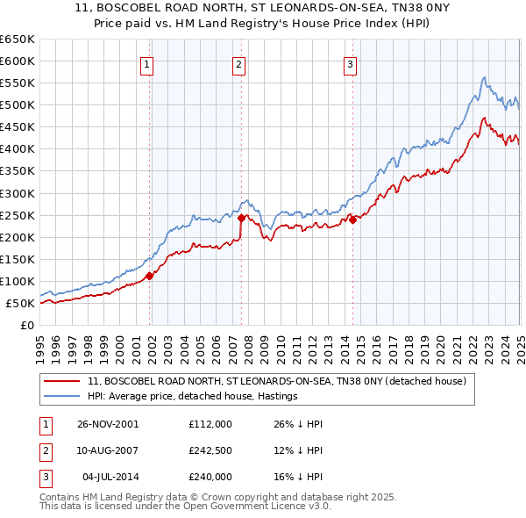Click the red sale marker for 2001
[149, 276]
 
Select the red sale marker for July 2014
[352, 219]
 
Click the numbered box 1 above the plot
[146, 63]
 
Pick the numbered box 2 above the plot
[238, 63]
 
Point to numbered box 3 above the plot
[350, 63]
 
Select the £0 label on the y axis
[26, 326]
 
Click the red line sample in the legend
[61, 381]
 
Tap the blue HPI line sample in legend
[61, 396]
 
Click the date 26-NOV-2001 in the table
[108, 423]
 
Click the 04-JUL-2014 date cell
[110, 478]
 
